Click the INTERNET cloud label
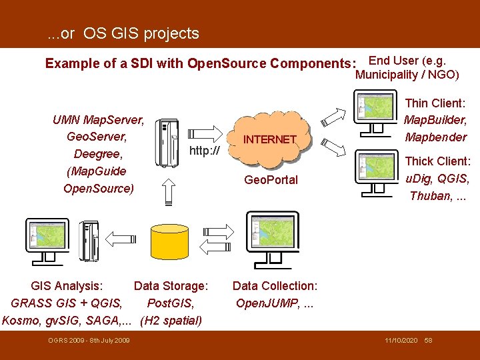[269, 139]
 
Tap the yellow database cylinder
[169, 243]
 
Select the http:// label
[205, 151]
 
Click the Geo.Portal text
[271, 180]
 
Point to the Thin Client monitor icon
[375, 108]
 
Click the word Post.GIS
[171, 303]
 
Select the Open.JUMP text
[263, 303]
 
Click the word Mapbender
[436, 137]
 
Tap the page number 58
[428, 341]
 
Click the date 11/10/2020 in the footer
[401, 341]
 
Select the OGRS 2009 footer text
[89, 341]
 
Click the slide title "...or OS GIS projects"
[123, 33]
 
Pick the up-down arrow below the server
[168, 192]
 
